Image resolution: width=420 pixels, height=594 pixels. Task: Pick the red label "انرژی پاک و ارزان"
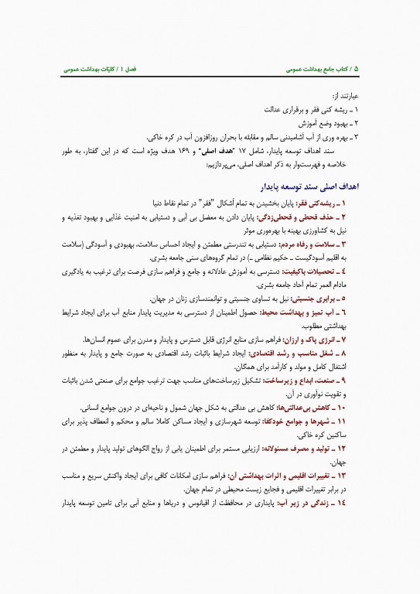click(333, 340)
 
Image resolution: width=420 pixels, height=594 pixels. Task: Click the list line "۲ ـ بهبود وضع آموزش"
click(333, 124)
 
